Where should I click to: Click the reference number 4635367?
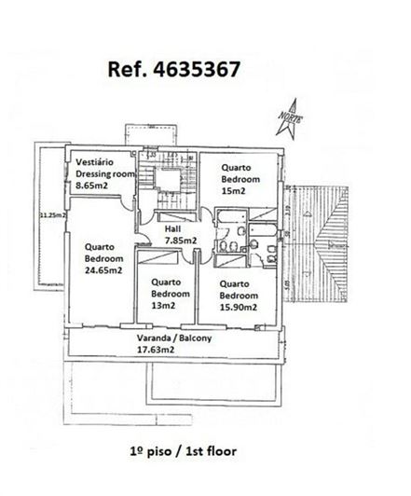coord(197,69)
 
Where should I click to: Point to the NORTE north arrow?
coord(290,118)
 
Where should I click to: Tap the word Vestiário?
coord(94,162)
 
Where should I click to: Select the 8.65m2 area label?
coord(91,186)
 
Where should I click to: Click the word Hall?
coord(172,228)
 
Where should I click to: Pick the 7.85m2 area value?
coord(181,241)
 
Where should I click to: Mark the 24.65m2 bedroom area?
coord(103,270)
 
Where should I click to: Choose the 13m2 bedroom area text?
coord(163,306)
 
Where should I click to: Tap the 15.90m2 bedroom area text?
coord(238,307)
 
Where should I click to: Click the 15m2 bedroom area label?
coord(233,191)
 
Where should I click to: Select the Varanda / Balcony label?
coord(174,338)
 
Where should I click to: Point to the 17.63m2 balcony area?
coord(156,350)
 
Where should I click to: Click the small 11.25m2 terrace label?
coord(53,215)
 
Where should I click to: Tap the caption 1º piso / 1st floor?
coord(183,451)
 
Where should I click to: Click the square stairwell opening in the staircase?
coord(167,180)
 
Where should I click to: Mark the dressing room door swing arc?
coord(127,203)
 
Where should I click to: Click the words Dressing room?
coord(105,173)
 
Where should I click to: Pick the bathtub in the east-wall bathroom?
coord(263,230)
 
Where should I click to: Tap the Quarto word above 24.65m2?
coord(99,247)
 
